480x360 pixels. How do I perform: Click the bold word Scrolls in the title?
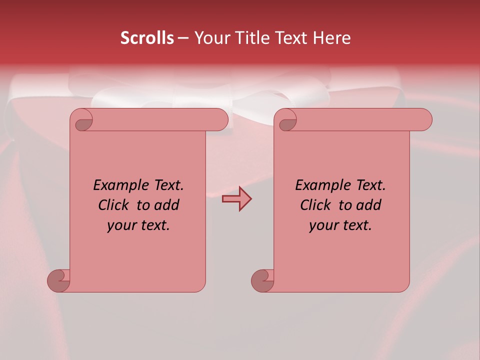[147, 38]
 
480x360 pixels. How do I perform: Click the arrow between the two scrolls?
[236, 199]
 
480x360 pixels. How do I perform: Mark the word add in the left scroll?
[167, 205]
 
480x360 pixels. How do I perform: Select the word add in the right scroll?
[369, 205]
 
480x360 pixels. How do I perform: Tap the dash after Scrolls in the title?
[183, 38]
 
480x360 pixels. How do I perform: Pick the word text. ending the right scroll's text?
[356, 225]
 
